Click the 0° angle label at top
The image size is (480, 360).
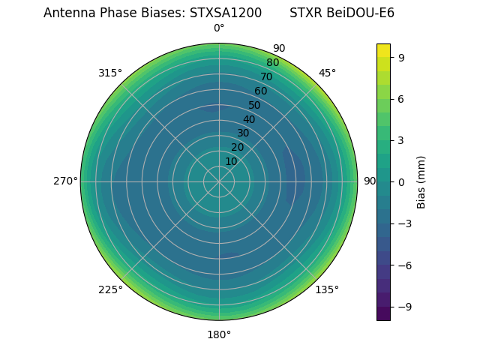tap(219, 28)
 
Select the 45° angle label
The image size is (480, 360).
tap(327, 73)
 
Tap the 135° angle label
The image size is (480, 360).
tap(327, 289)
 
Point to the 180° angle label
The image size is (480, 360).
tap(219, 334)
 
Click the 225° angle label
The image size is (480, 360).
tap(110, 289)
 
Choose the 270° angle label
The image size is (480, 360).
tap(65, 181)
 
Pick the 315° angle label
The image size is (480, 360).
tap(110, 73)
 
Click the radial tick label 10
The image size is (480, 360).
tap(231, 161)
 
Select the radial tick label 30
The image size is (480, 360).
tap(243, 133)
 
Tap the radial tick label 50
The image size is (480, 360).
tap(255, 106)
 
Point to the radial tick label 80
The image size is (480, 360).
tap(272, 63)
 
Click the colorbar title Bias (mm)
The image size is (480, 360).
tap(421, 181)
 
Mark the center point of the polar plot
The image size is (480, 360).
tap(219, 181)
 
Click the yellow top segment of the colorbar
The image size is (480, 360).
tap(383, 50)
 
